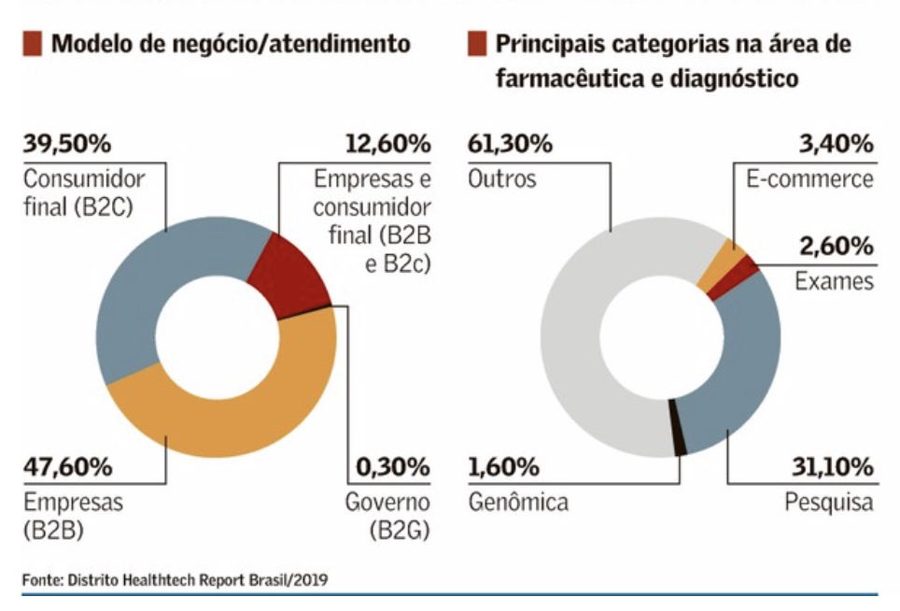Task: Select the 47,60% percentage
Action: point(67,465)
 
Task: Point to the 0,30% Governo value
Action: point(392,465)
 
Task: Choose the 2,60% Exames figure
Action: point(836,247)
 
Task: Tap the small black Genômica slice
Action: point(680,439)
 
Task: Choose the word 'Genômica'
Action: point(518,502)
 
